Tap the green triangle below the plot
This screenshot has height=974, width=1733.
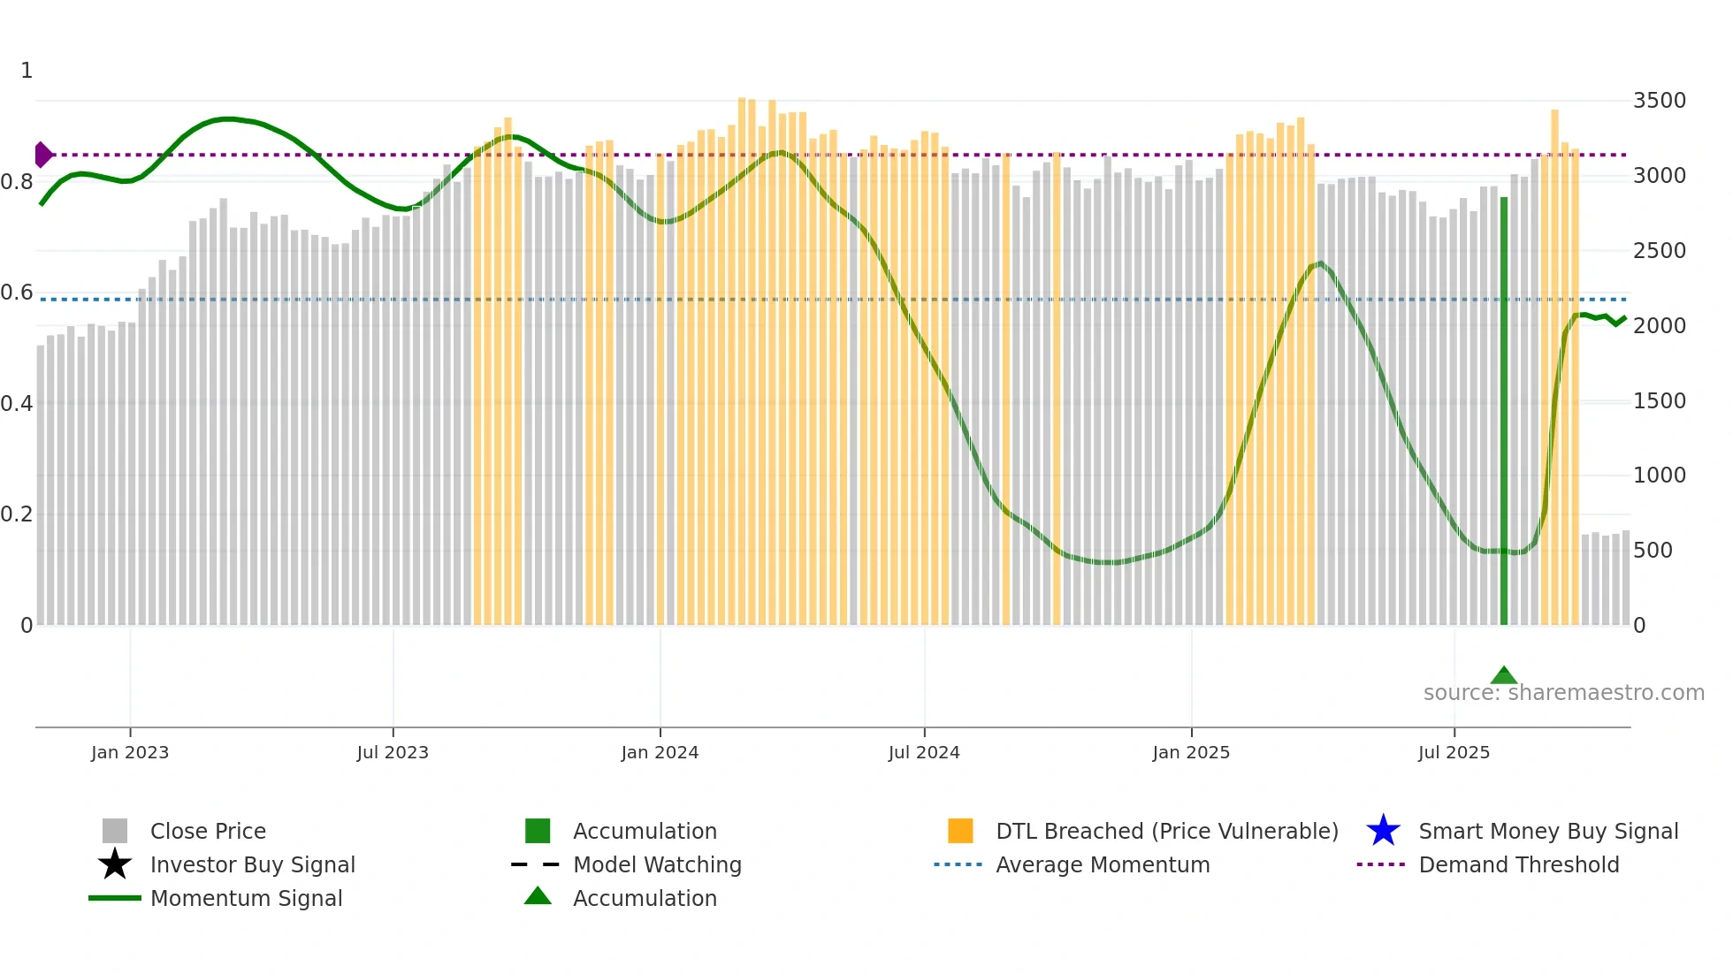point(1503,676)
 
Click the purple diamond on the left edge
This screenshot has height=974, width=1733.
point(42,155)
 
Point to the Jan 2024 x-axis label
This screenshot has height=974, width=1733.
point(660,752)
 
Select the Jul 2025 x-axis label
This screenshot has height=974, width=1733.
point(1454,752)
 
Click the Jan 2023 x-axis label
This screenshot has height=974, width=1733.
point(130,752)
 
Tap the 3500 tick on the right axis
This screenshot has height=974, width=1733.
point(1659,101)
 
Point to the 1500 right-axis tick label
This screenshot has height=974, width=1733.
point(1659,401)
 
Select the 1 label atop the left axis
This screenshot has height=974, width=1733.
point(27,71)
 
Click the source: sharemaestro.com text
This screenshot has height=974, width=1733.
point(1563,693)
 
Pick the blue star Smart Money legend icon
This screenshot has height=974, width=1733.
point(1383,831)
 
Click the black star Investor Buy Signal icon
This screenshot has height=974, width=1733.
point(115,864)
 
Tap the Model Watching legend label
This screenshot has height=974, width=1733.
point(657,864)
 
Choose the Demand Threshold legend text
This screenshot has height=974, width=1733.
point(1518,864)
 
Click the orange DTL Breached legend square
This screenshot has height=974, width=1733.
point(960,831)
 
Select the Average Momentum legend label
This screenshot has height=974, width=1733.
point(1103,864)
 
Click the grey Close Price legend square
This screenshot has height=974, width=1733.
point(115,831)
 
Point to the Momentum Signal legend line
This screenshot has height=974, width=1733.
point(115,898)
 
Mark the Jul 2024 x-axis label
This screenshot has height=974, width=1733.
point(924,752)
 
